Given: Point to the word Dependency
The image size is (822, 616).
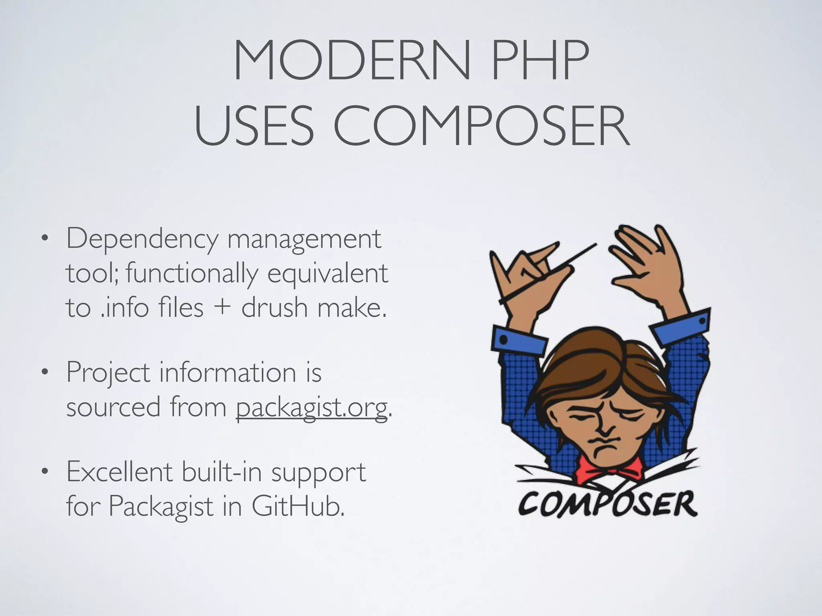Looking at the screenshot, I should tap(142, 240).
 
